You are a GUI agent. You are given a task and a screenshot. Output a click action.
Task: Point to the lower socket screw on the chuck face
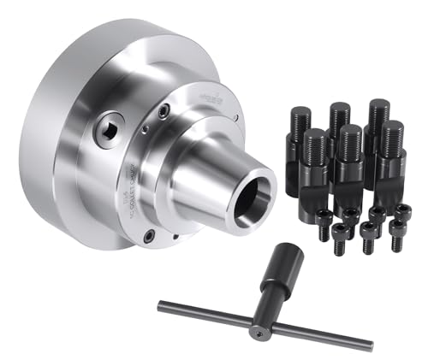150,233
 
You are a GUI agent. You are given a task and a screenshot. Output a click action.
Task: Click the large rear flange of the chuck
60,145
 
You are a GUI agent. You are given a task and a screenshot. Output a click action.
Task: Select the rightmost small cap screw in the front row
396,233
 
